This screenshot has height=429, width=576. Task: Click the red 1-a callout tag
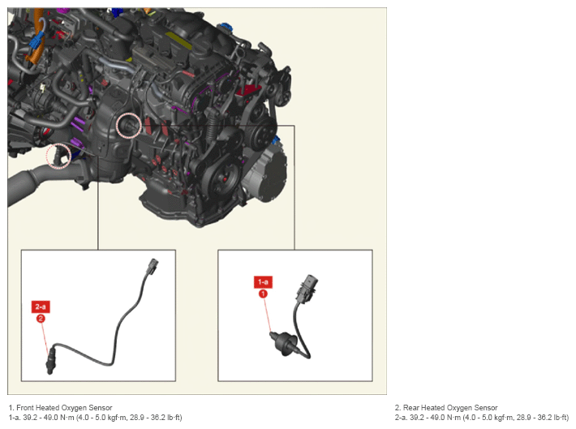(x=263, y=282)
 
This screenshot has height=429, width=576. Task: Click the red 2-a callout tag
(x=41, y=307)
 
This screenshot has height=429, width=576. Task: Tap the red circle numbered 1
(x=263, y=294)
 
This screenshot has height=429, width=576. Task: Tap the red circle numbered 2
(x=41, y=319)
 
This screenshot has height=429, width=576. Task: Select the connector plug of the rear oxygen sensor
(x=153, y=266)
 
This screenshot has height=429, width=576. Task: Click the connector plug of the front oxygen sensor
(x=307, y=289)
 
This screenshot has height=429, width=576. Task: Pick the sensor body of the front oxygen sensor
(x=284, y=342)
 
